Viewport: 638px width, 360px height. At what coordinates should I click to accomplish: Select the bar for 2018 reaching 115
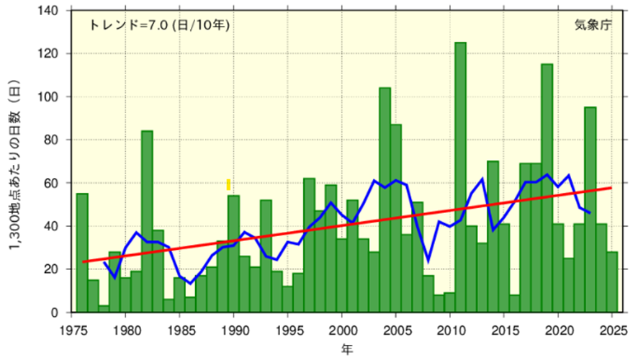[547, 188]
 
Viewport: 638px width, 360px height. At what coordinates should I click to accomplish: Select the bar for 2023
[590, 210]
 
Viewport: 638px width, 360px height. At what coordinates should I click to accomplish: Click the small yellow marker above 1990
[228, 185]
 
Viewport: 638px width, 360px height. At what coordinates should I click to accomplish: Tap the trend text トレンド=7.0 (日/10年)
[158, 25]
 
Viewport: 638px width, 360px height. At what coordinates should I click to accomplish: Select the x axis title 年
[347, 348]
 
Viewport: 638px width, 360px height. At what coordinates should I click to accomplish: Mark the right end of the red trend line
[611, 188]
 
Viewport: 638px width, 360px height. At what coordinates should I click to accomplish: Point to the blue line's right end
[590, 212]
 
